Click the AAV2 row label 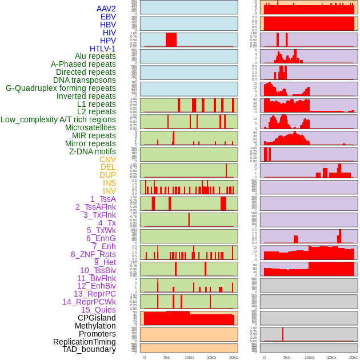pyautogui.click(x=106, y=9)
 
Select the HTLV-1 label pyautogui.click(x=102, y=49)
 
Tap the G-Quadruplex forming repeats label pyautogui.click(x=61, y=88)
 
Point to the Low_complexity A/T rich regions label pyautogui.click(x=58, y=119)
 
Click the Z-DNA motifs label pyautogui.click(x=92, y=151)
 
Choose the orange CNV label pyautogui.click(x=107, y=159)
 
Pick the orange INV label pyautogui.click(x=109, y=191)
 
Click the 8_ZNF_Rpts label pyautogui.click(x=93, y=254)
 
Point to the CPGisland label pyautogui.click(x=97, y=318)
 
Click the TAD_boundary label pyautogui.click(x=89, y=349)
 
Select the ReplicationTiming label pyautogui.click(x=84, y=342)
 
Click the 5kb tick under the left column pyautogui.click(x=167, y=357)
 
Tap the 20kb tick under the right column pyautogui.click(x=354, y=357)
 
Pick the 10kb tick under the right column pyautogui.click(x=309, y=357)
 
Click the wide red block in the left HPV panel pyautogui.click(x=171, y=39)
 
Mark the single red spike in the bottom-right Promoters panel pyautogui.click(x=283, y=334)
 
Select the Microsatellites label pyautogui.click(x=90, y=127)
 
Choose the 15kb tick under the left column pyautogui.click(x=211, y=357)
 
